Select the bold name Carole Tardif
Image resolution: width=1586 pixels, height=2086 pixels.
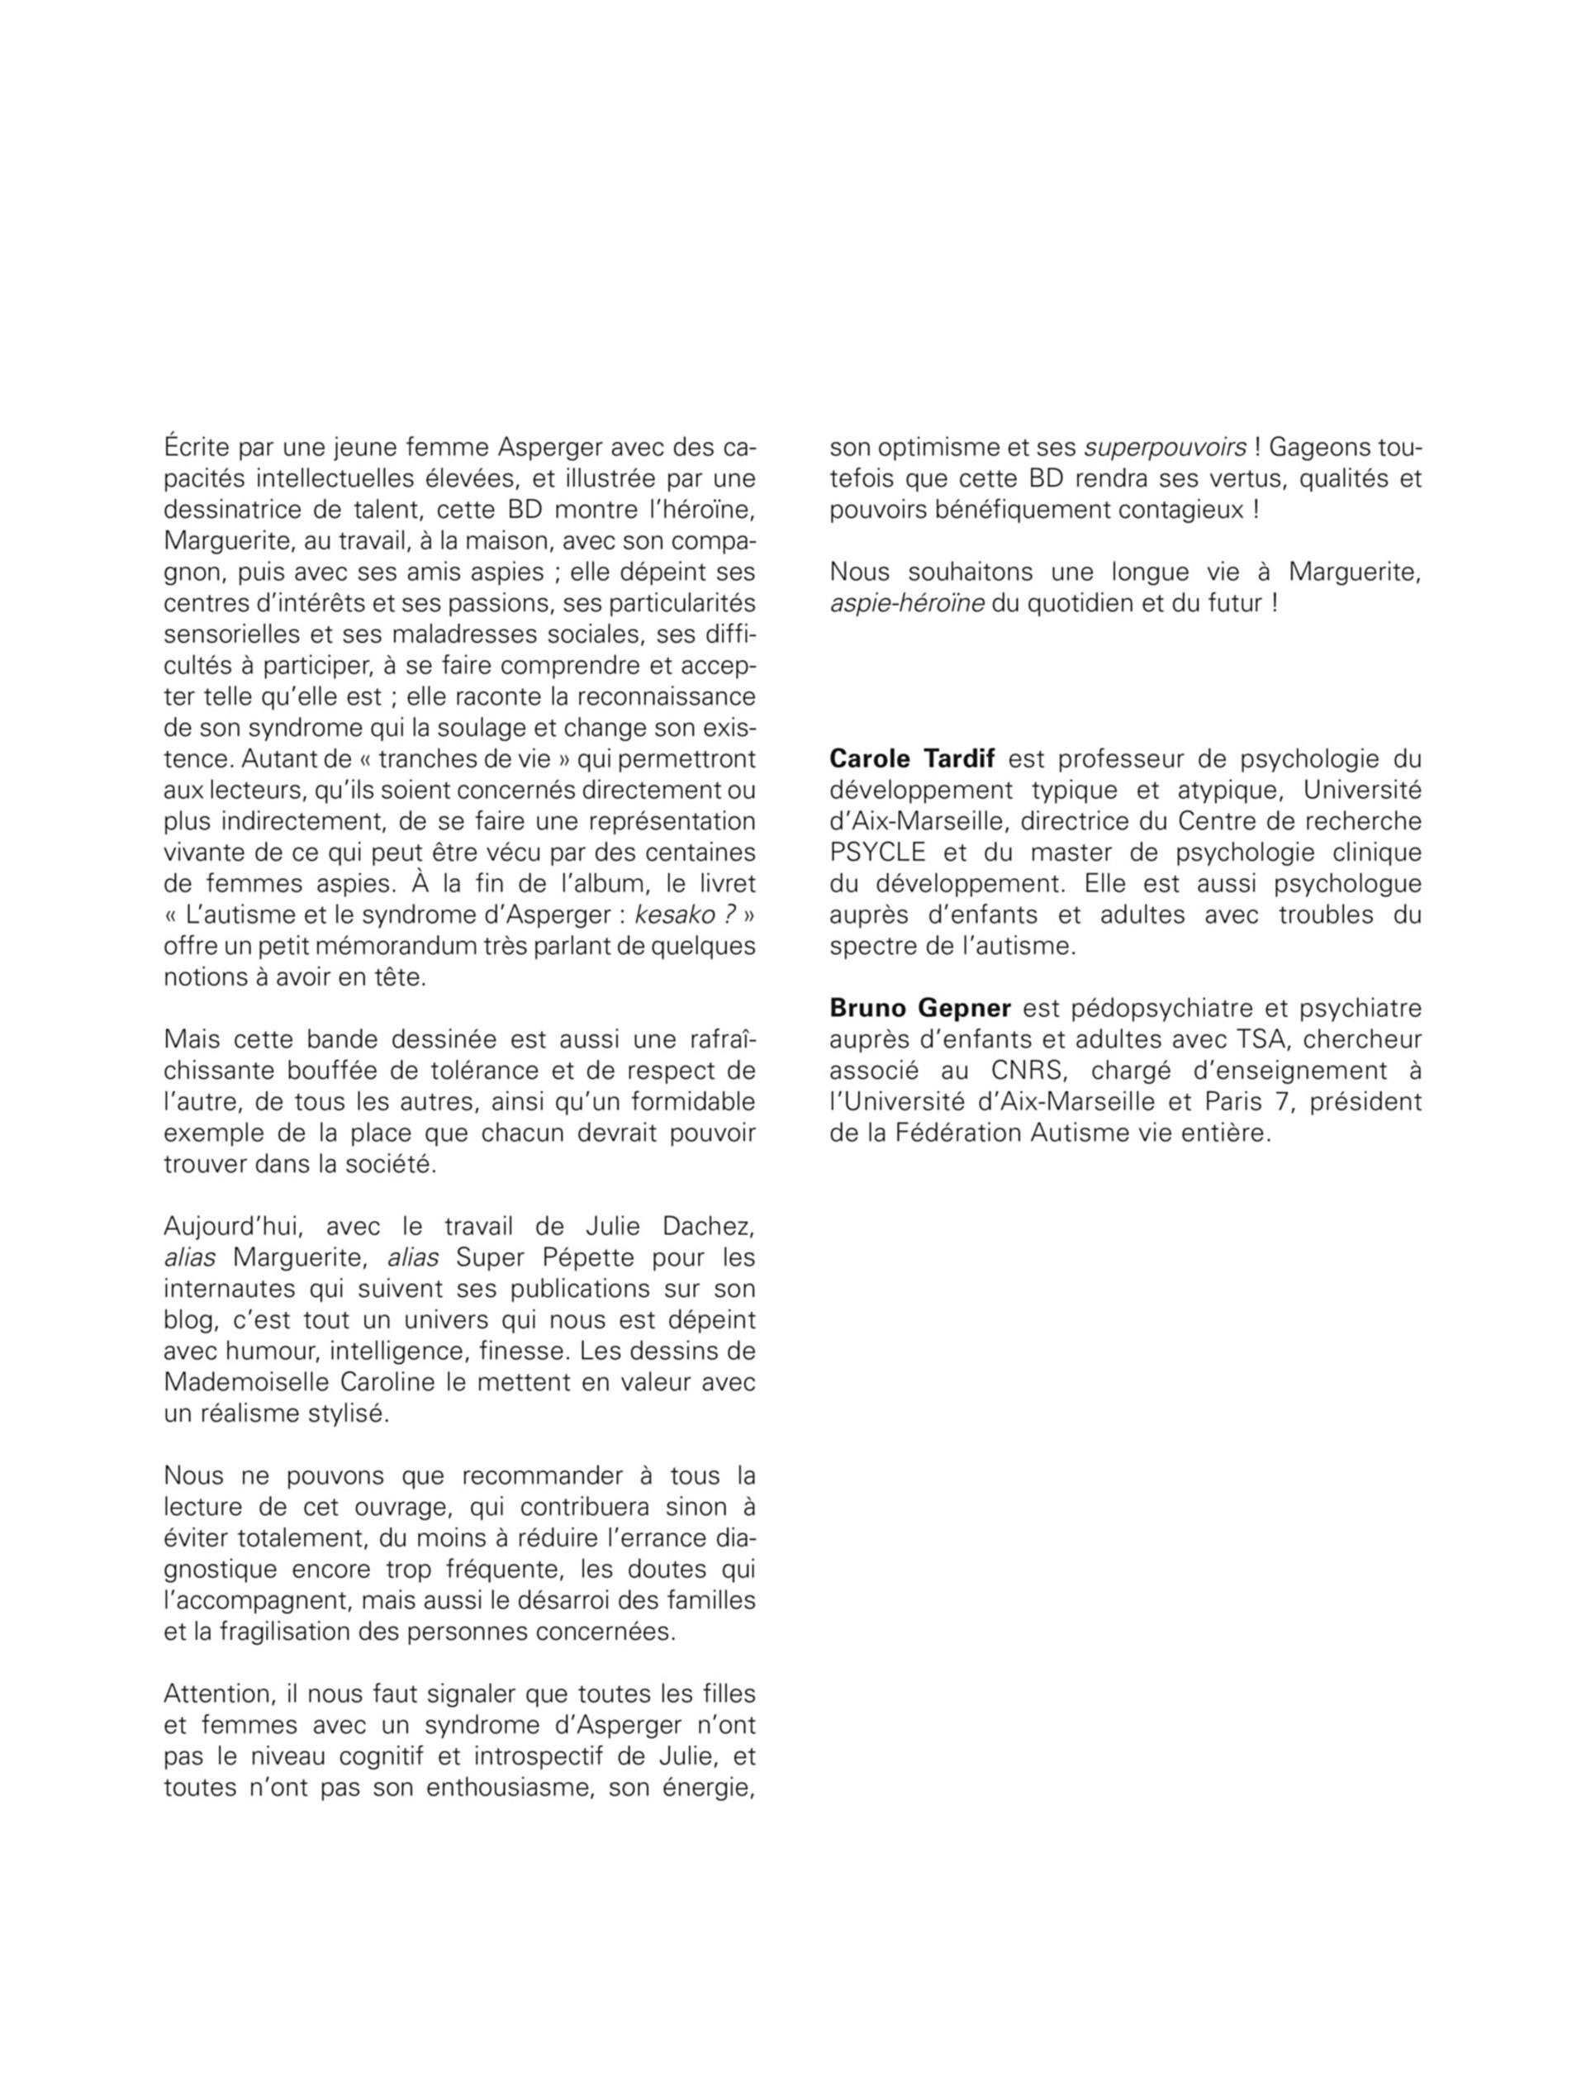tap(918, 759)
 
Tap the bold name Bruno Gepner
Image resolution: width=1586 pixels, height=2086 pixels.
tap(919, 1008)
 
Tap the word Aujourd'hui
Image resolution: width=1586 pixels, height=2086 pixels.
tap(235, 1226)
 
